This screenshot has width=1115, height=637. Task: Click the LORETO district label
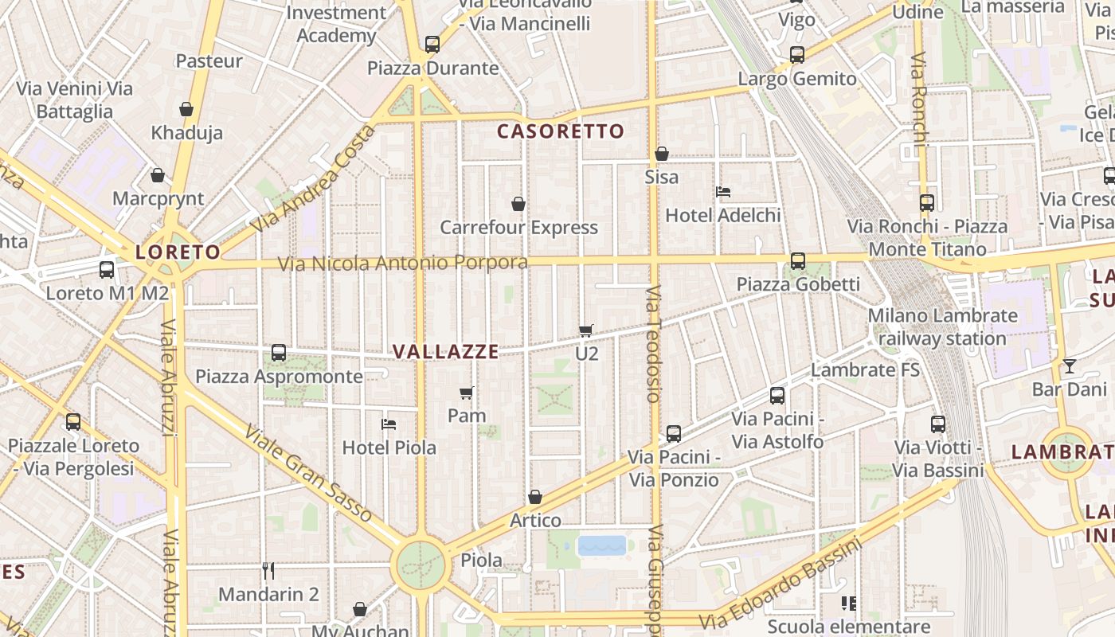(178, 252)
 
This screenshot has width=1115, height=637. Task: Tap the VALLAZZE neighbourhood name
(445, 351)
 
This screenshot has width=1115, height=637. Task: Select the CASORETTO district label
(561, 131)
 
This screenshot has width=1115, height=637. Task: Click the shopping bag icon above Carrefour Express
(518, 204)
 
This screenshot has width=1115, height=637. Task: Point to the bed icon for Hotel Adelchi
(723, 191)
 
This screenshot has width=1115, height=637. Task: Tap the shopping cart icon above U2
(586, 330)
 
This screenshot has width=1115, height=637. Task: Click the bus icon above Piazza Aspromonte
(279, 353)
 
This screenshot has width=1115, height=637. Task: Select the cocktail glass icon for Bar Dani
(1069, 366)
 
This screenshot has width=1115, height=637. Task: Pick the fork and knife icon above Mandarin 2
(268, 571)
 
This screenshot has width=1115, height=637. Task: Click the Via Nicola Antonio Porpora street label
(402, 263)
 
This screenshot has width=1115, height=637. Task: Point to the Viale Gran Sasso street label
(307, 475)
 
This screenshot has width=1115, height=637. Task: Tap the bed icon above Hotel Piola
(389, 424)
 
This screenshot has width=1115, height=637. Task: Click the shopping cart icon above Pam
(467, 393)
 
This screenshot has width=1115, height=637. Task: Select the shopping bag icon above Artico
(535, 498)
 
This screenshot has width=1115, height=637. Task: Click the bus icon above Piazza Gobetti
(797, 260)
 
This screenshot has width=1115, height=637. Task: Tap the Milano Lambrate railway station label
(942, 326)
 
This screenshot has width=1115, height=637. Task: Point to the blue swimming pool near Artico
(602, 545)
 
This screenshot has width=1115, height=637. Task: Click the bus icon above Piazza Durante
(432, 45)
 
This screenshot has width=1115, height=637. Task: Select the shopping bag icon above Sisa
(662, 154)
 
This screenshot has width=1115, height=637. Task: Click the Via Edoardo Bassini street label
(780, 584)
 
